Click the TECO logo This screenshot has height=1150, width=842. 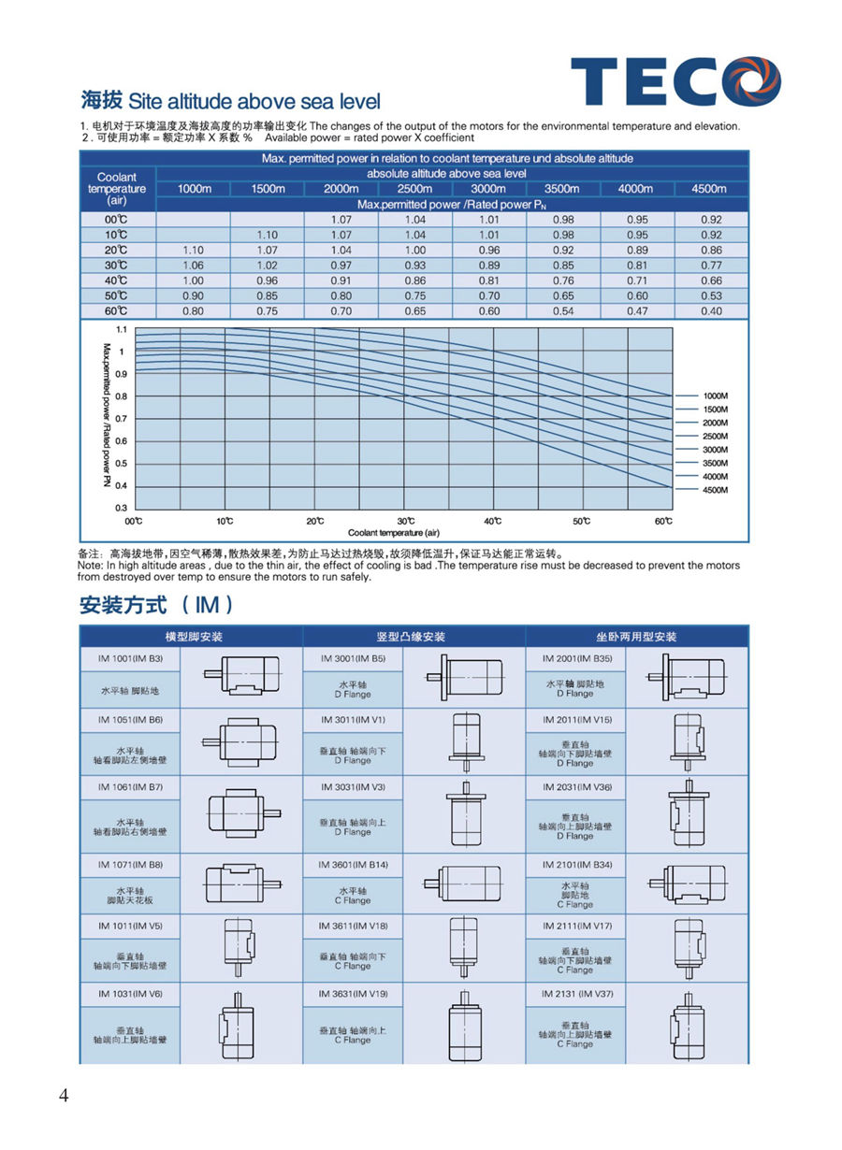tap(675, 81)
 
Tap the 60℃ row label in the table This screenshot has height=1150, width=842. tap(116, 310)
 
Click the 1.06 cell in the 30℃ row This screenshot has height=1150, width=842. tap(193, 266)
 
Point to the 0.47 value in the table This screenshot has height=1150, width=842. tap(636, 310)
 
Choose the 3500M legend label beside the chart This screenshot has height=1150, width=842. tap(715, 463)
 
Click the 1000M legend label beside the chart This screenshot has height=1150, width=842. tap(715, 396)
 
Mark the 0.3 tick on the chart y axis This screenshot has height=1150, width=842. tap(121, 508)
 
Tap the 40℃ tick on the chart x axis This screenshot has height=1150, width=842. tap(492, 521)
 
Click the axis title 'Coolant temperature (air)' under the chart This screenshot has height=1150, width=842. tap(400, 532)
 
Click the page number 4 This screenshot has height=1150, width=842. tap(64, 1097)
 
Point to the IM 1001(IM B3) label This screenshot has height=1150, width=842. tap(130, 658)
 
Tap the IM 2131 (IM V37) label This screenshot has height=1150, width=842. tap(577, 994)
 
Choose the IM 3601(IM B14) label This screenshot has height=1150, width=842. tap(353, 865)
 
